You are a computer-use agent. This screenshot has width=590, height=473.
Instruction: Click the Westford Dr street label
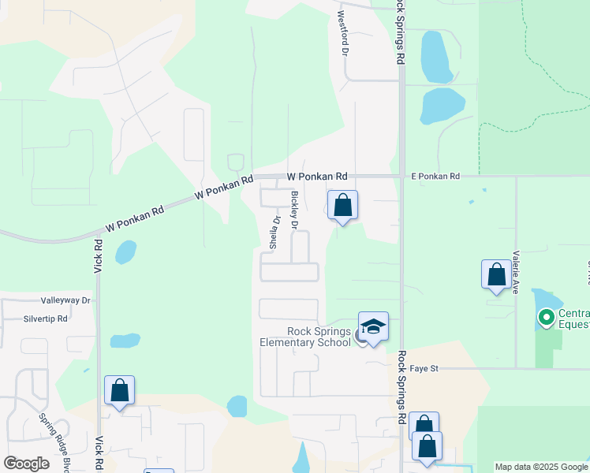coord(343,33)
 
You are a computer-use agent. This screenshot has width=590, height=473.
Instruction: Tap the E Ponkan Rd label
coord(435,177)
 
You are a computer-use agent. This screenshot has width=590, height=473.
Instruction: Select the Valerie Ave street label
coord(515,272)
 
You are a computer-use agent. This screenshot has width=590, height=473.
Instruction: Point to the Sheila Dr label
coord(274,233)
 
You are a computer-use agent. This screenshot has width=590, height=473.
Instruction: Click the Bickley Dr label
coord(294,210)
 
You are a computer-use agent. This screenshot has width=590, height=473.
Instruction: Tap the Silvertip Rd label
coord(46,318)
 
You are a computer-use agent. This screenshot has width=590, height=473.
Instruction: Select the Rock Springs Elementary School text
coord(308,337)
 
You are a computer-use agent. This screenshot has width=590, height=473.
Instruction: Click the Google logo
coord(26,464)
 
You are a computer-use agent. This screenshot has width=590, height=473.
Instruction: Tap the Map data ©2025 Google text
coord(540,467)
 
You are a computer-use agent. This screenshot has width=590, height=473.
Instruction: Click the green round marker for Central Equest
coord(545,318)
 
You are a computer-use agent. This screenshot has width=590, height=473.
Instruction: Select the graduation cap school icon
coord(373,326)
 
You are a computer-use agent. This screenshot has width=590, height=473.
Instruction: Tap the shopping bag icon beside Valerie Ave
coord(496,274)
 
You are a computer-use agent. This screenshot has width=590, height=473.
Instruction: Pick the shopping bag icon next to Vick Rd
coord(119,390)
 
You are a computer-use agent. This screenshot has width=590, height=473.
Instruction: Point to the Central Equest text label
coord(573,318)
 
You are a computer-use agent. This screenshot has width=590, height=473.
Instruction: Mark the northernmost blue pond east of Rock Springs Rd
coord(436,57)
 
